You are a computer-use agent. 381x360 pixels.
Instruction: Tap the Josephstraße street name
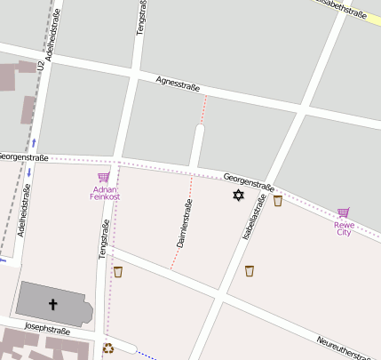[x=47, y=330]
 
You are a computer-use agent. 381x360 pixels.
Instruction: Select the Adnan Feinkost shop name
[x=105, y=193]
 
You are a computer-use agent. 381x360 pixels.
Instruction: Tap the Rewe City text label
[x=343, y=228]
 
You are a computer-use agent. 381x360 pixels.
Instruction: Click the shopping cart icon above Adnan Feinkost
[x=104, y=177]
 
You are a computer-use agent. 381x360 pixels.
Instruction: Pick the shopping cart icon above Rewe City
[x=343, y=212]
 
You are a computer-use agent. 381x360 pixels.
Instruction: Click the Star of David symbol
[x=238, y=195]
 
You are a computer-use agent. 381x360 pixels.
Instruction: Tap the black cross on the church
[x=52, y=305]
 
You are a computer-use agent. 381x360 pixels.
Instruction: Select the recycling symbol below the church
[x=108, y=348]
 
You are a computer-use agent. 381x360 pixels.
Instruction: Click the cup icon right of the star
[x=277, y=201]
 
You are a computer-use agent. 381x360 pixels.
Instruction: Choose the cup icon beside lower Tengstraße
[x=117, y=271]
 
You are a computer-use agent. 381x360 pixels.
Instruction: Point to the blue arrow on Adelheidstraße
[x=33, y=142]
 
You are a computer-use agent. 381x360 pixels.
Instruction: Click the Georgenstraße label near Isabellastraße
[x=249, y=181]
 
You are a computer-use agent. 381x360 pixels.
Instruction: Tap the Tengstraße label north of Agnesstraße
[x=140, y=18]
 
